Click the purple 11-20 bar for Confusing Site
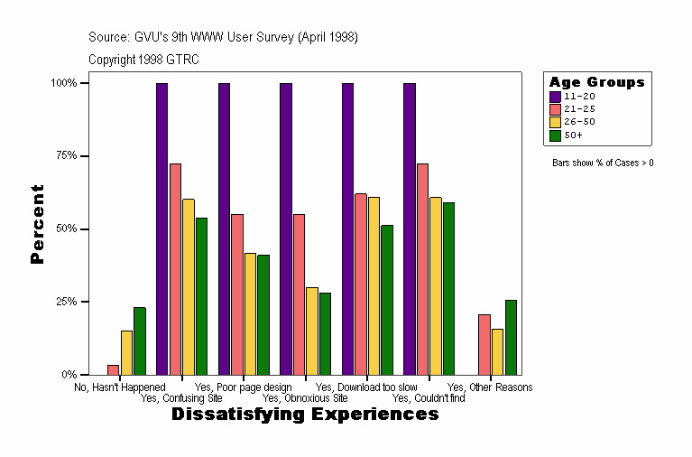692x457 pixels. coord(161,228)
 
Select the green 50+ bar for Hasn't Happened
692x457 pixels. coord(139,340)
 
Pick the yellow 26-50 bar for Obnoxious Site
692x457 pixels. coord(311,331)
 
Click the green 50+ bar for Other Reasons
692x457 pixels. coord(511,337)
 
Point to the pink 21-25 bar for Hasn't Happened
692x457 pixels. coord(113,369)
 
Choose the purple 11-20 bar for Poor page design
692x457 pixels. coord(224,228)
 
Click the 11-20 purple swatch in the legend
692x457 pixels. coord(555,96)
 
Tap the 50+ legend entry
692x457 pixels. coord(573,135)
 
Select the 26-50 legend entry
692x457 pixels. coord(578,122)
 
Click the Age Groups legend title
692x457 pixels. coord(596,82)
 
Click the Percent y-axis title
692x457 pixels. coord(37,224)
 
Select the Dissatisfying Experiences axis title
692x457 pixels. coord(305,415)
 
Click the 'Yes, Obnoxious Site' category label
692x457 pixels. coord(305,397)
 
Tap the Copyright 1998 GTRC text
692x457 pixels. coord(143,60)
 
